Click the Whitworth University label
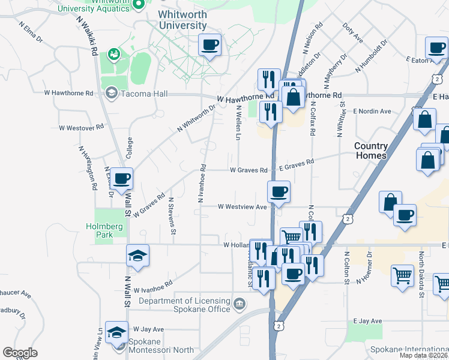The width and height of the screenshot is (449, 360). [183, 20]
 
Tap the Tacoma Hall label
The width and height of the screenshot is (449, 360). [144, 94]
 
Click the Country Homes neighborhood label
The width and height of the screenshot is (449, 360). [370, 151]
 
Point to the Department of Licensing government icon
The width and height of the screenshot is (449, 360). [241, 305]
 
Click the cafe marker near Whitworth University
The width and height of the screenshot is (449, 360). [210, 45]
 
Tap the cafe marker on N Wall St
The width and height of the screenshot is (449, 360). [122, 178]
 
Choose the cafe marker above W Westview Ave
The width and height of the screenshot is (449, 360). [279, 192]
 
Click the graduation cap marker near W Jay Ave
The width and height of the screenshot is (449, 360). [116, 332]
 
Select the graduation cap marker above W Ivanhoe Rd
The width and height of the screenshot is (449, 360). [137, 256]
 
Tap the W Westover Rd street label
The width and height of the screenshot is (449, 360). [81, 128]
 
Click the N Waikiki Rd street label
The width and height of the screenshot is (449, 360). [87, 35]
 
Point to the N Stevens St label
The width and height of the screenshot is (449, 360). [172, 215]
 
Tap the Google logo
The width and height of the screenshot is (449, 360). [20, 353]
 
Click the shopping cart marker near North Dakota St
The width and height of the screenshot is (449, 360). [402, 275]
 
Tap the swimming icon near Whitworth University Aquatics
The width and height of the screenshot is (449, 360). [112, 54]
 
